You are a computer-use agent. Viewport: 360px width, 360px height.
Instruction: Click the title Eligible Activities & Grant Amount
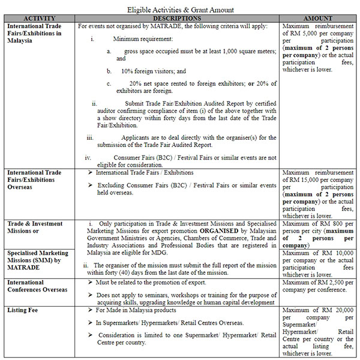(x=180, y=10)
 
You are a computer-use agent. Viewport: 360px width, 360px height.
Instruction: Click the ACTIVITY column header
(x=40, y=19)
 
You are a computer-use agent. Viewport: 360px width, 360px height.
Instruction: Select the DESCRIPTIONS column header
(x=178, y=19)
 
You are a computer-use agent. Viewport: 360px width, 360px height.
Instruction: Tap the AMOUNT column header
(x=318, y=19)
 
